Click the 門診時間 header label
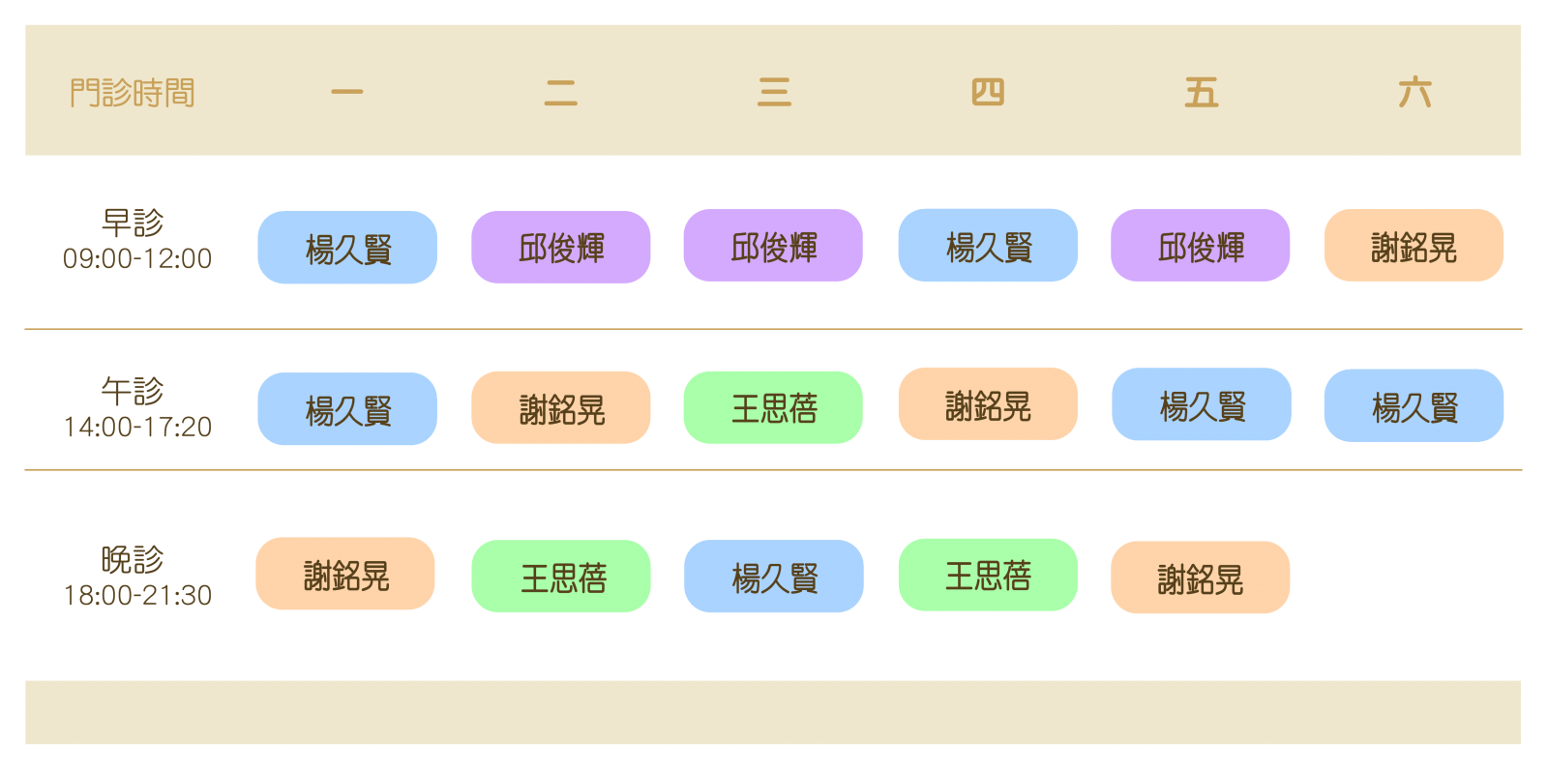coord(133,93)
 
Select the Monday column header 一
coord(346,93)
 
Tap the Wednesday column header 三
coord(774,93)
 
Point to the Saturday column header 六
coord(1414,93)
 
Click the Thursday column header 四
coord(988,93)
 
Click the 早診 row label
coord(133,222)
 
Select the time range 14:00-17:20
coord(137,427)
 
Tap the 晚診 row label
coord(133,559)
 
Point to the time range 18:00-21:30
coord(137,595)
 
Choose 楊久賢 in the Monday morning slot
coord(347,248)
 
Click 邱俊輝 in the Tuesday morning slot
coord(561,248)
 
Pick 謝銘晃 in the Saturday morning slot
coord(1414,246)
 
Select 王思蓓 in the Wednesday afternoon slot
coord(773,407)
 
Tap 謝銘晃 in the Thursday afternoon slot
coord(988,404)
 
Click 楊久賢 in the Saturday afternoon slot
coord(1414,405)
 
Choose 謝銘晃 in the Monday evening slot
coord(345,574)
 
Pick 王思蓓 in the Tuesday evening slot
coord(561,577)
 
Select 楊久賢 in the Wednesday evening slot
coord(774,577)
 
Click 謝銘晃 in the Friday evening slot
coord(1201,578)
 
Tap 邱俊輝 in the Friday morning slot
coord(1201,246)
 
